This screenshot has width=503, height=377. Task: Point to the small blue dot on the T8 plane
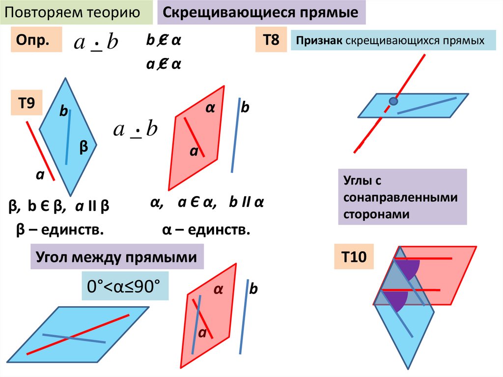(393, 101)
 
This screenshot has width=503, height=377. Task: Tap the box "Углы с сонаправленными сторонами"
(402, 197)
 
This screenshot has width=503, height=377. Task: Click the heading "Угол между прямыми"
(117, 257)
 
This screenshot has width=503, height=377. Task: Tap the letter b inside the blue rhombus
(63, 112)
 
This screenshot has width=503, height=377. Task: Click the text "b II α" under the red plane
(247, 203)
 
